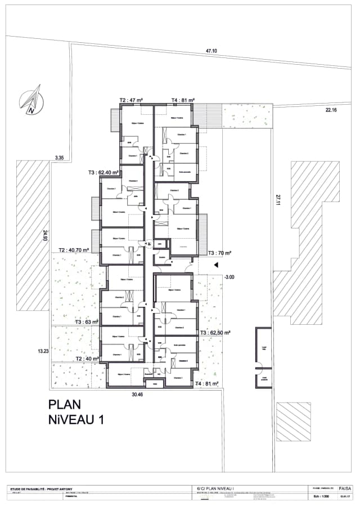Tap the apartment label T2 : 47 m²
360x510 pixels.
pos(130,100)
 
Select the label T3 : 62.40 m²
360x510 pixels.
pos(103,173)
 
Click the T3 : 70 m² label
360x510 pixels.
pos(219,253)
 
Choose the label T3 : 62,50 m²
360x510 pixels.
pos(215,333)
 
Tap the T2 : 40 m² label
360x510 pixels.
pos(85,359)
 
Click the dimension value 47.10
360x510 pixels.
pos(211,51)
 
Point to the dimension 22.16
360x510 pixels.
pos(331,110)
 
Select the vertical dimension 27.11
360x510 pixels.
pos(277,200)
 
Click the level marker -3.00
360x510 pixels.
pos(229,277)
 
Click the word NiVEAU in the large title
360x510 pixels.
pos(76,419)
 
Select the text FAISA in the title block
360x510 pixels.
pos(345,489)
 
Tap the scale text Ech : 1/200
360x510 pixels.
pos(319,497)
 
